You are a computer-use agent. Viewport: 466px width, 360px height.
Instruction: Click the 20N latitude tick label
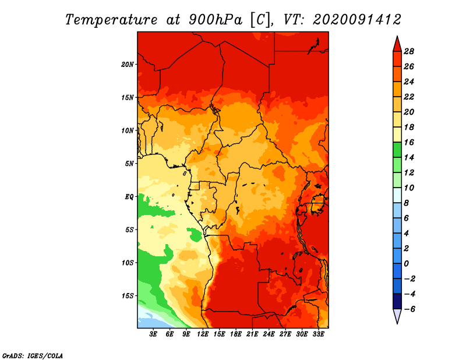[128, 64]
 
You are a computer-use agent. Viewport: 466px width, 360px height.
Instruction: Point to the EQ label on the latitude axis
[129, 196]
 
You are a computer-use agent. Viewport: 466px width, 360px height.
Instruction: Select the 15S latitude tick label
[128, 296]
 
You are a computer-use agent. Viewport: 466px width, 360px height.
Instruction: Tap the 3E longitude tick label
[153, 334]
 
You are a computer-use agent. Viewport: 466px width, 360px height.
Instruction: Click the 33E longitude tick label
[318, 334]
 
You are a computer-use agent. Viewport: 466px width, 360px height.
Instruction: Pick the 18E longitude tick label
[235, 334]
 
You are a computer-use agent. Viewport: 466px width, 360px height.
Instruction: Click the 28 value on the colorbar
[409, 51]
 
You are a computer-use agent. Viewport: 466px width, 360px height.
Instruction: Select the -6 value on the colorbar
[409, 309]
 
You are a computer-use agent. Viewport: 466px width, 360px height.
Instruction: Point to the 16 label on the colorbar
[409, 142]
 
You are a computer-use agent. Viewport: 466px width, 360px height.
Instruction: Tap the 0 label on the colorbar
[406, 264]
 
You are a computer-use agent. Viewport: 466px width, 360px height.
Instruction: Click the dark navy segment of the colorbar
[397, 301]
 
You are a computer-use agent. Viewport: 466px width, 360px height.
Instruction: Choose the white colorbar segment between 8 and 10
[397, 195]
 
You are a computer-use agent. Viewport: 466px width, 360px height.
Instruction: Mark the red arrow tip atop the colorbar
[397, 36]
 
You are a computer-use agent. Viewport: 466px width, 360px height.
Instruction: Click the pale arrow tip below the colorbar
[397, 323]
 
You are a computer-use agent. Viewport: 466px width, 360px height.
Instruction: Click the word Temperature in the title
[111, 20]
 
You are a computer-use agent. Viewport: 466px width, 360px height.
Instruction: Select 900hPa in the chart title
[215, 20]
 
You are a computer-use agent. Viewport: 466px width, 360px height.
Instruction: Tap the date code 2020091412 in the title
[357, 20]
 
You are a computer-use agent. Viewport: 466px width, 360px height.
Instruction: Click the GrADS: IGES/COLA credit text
[33, 355]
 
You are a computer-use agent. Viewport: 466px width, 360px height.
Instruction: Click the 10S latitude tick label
[128, 263]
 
